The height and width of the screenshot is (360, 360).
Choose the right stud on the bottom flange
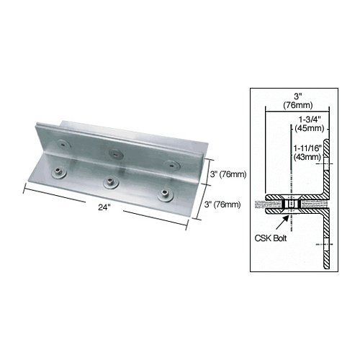165,194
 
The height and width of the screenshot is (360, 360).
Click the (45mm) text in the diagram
307,132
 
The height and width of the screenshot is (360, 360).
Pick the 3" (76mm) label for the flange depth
222,205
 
